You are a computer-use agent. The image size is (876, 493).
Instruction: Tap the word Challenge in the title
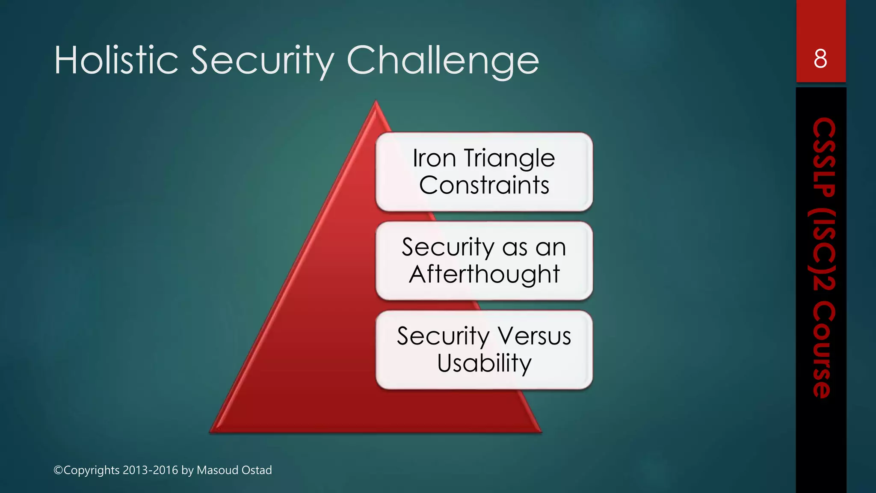pos(443,61)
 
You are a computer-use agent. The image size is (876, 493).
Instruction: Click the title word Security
pos(262,61)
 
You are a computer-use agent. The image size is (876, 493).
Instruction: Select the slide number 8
pos(820,59)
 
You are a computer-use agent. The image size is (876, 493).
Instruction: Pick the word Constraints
pos(484,185)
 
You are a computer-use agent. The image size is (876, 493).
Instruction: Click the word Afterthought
pos(484,274)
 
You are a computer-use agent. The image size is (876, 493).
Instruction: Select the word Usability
pos(484,363)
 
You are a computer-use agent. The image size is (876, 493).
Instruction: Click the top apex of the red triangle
pos(376,102)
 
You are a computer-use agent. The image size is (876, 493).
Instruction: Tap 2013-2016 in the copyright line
pos(150,470)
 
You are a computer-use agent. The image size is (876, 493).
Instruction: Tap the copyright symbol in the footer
pos(58,470)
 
